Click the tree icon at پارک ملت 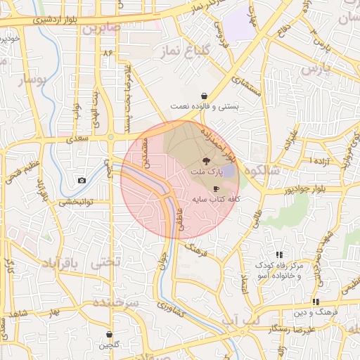[x=205, y=161]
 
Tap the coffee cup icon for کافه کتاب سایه [x=215, y=188]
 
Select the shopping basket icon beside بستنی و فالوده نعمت [x=204, y=96]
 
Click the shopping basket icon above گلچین [x=109, y=334]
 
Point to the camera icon [x=82, y=181]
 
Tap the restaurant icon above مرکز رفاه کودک [x=279, y=255]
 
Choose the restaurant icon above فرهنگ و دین [x=316, y=301]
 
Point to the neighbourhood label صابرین [x=101, y=29]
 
